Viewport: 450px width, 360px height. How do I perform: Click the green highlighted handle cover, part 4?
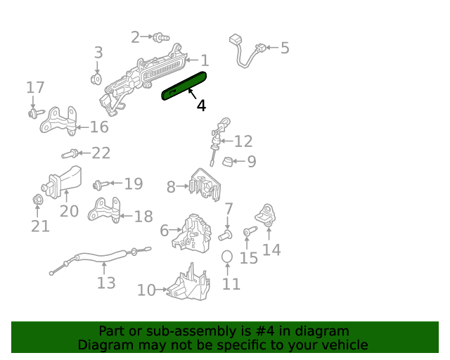pos(184,86)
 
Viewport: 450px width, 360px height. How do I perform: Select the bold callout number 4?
pos(201,105)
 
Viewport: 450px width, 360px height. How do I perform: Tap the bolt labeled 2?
pos(161,37)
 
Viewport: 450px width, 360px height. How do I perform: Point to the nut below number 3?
pos(96,79)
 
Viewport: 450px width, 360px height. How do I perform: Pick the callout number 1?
pos(205,60)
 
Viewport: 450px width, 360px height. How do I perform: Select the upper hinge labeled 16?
pos(59,121)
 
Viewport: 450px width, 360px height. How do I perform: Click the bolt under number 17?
pos(37,113)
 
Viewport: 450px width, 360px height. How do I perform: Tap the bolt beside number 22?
pos(70,154)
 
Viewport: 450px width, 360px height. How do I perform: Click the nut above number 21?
pos(37,200)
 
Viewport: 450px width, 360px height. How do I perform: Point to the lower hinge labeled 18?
pos(104,210)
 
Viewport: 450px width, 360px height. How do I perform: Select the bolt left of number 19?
pos(101,184)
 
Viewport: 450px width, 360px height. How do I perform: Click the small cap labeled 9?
pos(228,161)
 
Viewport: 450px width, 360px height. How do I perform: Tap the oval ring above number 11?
pos(227,257)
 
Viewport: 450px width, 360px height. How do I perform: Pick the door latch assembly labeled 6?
pos(193,233)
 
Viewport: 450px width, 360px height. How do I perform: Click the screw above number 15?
pos(250,231)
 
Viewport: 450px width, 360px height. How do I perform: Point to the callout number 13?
pos(106,283)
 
